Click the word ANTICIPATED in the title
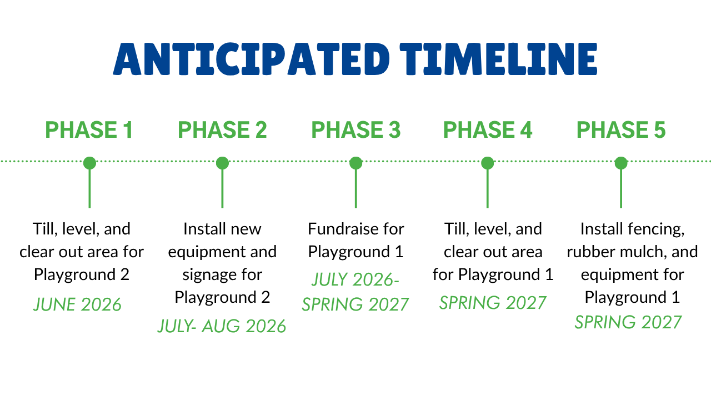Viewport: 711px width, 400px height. point(252,59)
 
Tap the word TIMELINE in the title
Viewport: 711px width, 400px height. point(498,59)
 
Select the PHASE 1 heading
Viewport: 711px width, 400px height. point(89,130)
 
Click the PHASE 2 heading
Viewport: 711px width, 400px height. point(222,130)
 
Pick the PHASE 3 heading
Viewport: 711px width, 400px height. point(356,130)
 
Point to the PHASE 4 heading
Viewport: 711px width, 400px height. point(488,130)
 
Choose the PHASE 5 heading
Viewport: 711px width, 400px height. point(621,130)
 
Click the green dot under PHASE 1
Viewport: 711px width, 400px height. point(89,163)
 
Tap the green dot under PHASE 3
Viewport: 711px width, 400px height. point(356,163)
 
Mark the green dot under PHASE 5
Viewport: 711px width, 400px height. point(621,163)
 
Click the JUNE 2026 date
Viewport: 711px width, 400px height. point(77,304)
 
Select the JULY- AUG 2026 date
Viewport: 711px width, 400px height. point(222,326)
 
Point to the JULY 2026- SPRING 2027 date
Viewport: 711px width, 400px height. point(355,292)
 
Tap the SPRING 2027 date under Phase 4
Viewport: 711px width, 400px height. point(493,303)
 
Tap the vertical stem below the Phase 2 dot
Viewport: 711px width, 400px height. point(222,188)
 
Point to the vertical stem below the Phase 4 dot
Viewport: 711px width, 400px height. point(488,188)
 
